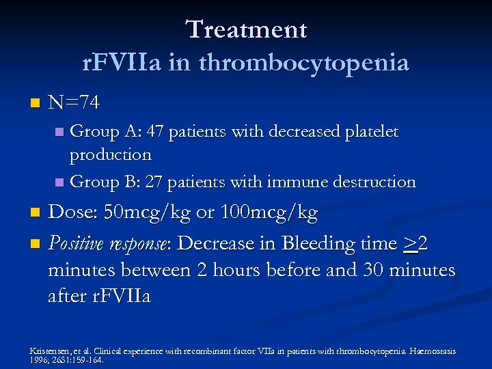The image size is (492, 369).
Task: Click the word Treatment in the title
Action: click(246, 29)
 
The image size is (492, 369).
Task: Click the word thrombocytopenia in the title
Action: click(304, 62)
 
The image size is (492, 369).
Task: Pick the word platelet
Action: click(370, 131)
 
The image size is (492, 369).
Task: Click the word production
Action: click(110, 154)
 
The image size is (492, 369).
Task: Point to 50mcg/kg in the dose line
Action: click(147, 213)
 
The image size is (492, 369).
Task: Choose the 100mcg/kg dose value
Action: click(268, 213)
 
